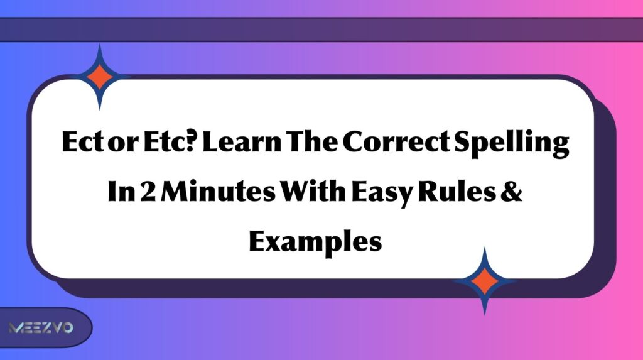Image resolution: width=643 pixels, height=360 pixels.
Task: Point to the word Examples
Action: (315, 241)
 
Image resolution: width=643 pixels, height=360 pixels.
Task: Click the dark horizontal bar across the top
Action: (321, 30)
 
